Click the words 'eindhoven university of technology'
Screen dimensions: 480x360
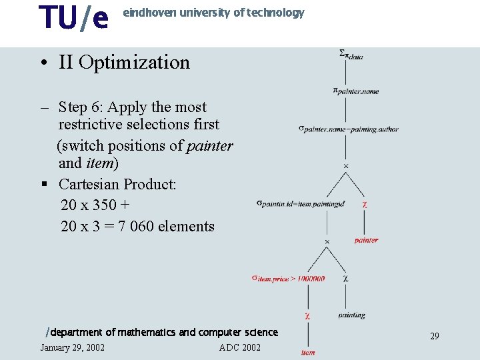(213, 13)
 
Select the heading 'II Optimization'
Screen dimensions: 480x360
(124, 63)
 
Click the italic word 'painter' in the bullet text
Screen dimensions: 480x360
(209, 146)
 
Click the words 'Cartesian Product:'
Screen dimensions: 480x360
(117, 184)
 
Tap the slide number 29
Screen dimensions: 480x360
(434, 336)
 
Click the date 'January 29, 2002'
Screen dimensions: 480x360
(72, 347)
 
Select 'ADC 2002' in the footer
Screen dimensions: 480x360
(240, 347)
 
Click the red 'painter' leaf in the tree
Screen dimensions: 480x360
(366, 240)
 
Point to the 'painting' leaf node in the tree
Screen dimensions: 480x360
(351, 315)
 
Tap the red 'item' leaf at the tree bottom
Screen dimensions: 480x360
(308, 352)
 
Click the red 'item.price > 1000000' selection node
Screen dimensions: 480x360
(288, 278)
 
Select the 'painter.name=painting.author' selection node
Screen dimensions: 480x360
(348, 129)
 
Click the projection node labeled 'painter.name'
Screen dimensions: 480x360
(356, 91)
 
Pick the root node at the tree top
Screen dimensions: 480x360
(351, 55)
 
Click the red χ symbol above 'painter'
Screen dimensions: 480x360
(364, 204)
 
